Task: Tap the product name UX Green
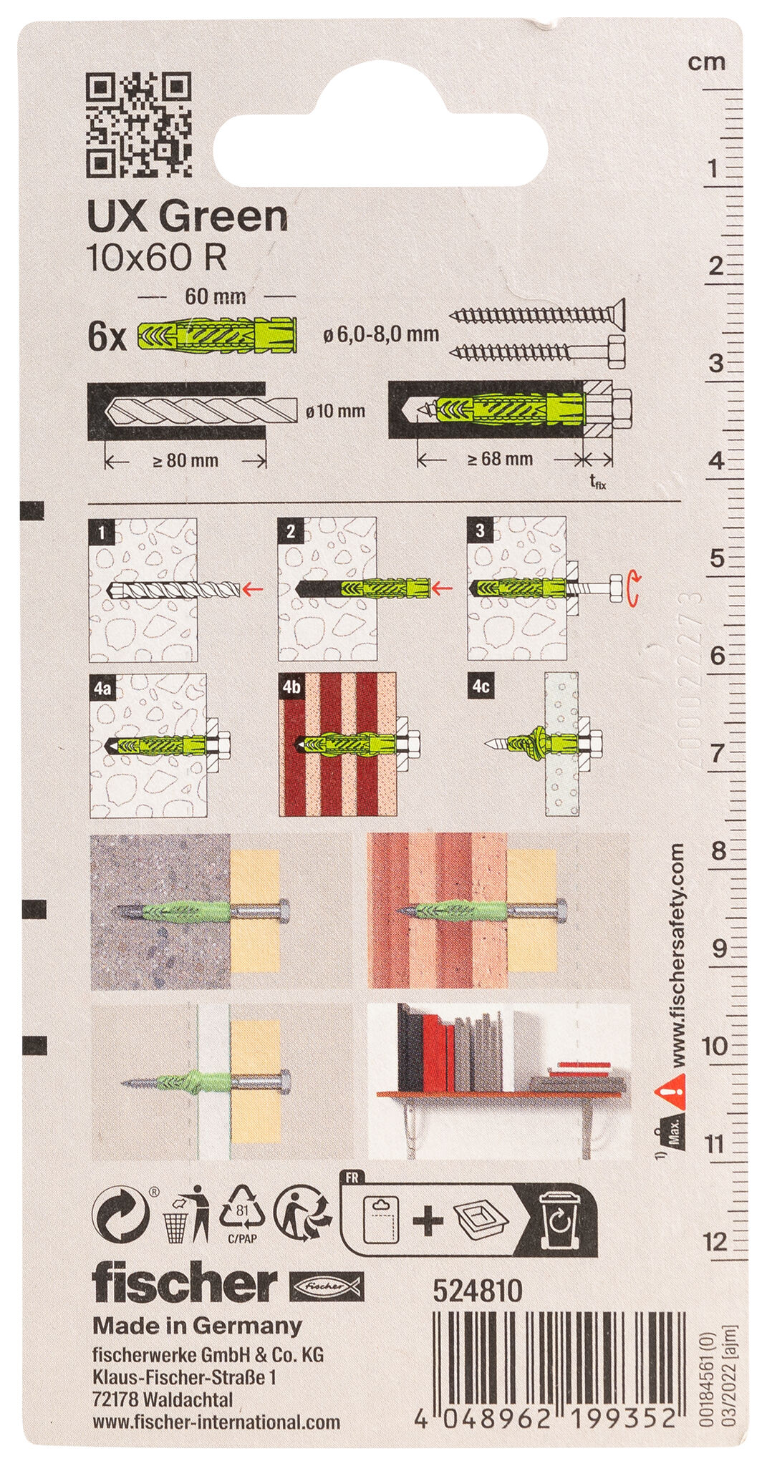point(187,216)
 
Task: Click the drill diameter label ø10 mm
point(335,412)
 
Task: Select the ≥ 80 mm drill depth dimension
point(185,460)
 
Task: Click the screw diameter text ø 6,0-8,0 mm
point(380,334)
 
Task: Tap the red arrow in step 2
point(445,588)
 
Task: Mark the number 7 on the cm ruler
point(716,753)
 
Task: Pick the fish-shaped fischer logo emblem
point(326,1286)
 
